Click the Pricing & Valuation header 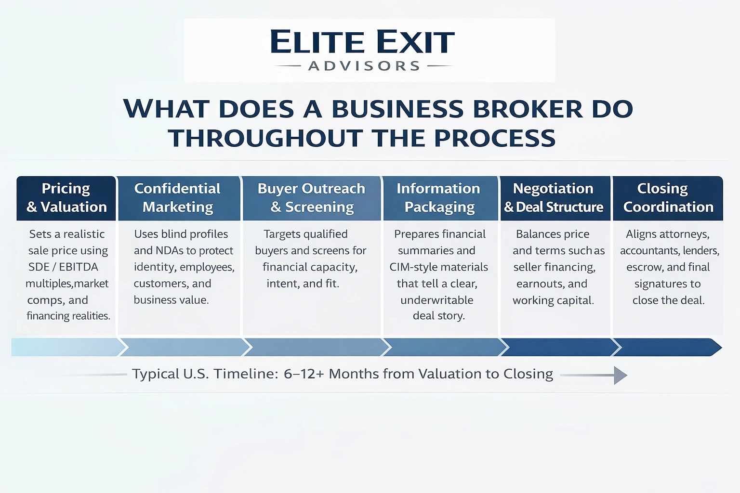point(66,198)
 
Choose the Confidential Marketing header point(178,198)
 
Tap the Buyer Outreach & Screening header point(312,198)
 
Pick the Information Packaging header point(439,198)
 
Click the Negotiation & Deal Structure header point(554,198)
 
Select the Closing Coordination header point(668,198)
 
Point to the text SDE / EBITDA point(63,267)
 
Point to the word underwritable point(437,300)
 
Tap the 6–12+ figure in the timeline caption point(304,374)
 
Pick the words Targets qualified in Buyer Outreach point(305,234)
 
